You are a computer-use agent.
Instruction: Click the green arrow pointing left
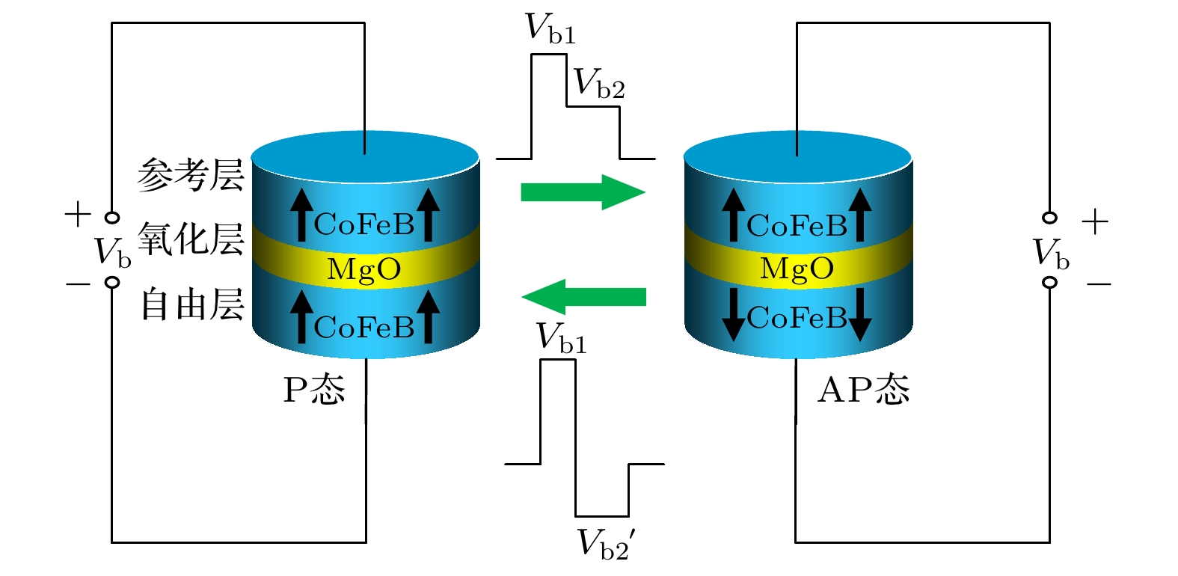pos(583,297)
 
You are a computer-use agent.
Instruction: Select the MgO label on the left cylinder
pos(364,269)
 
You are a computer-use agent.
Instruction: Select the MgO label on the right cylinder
pos(797,269)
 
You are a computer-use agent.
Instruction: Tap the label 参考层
pos(191,175)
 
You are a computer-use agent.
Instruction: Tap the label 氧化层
pos(191,239)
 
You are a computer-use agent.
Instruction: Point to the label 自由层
pos(192,305)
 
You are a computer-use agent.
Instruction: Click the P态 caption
pos(314,389)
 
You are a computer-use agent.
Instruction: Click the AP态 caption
pos(863,389)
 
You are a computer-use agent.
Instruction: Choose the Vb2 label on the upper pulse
pos(598,84)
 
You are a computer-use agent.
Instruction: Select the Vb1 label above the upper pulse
pos(550,28)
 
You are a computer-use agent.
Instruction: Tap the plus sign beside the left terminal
pos(78,215)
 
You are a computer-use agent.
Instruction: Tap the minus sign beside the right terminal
pos(1098,284)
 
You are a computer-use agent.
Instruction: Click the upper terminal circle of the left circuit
pos(112,218)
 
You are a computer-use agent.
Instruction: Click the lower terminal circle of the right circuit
pos(1050,282)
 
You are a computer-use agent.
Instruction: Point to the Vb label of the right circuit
pos(1050,254)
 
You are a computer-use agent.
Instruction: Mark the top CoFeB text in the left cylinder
pos(364,224)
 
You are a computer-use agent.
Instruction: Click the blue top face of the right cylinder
pos(797,157)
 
